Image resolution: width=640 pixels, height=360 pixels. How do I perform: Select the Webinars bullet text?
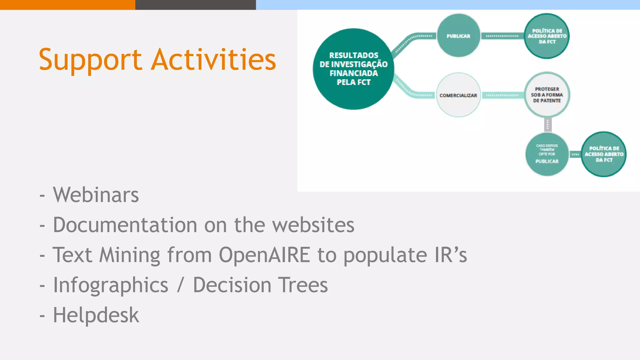coord(96,195)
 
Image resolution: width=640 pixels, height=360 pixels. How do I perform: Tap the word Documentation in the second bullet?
coord(125,225)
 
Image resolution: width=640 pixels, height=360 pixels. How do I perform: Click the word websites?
coord(313,225)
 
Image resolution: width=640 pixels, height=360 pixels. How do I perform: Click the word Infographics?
coord(111,285)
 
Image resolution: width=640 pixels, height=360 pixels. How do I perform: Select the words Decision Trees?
coord(260,285)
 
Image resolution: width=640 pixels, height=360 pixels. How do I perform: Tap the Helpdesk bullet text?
coord(96,315)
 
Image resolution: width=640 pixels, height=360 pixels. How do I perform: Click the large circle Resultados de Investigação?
coord(353,69)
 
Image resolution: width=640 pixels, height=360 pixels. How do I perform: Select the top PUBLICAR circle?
coord(458,36)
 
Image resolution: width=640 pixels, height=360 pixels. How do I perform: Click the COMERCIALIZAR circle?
coord(458,95)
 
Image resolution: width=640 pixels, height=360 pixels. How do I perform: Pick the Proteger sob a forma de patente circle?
coord(547,95)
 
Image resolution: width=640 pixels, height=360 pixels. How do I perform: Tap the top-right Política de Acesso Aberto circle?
coord(547,36)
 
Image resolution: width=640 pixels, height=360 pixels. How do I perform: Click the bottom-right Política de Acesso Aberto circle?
coord(604,154)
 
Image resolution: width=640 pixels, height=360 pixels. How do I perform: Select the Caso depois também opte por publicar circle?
coord(547,154)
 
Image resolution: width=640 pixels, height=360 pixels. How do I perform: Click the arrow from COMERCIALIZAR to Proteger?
coord(502,95)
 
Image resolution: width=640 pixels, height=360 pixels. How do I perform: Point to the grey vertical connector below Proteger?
coord(547,125)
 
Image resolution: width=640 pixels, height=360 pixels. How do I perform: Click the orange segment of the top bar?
coord(67,5)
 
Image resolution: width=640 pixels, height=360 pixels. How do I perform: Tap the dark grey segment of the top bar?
coord(195,5)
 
